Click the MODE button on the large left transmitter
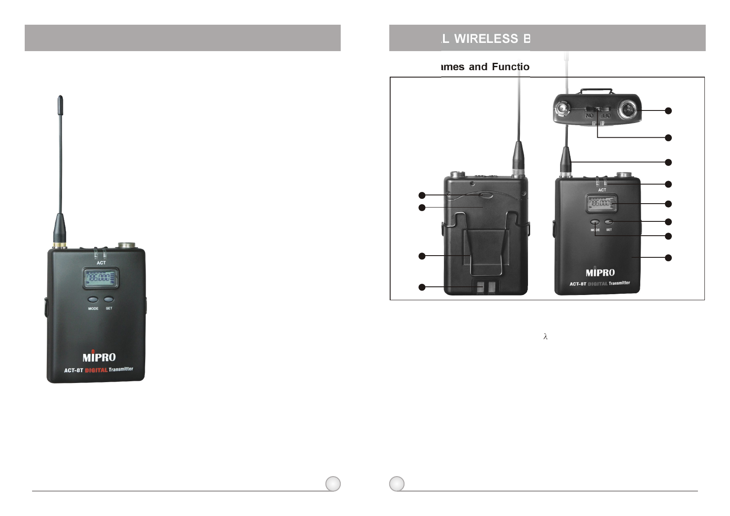93,299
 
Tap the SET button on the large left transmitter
109,299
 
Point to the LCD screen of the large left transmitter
101,278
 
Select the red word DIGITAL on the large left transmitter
96,370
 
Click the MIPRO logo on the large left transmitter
99,357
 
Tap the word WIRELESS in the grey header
486,39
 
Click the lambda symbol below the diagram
545,337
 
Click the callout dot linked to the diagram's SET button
668,222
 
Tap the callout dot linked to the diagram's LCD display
668,204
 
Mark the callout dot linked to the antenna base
668,162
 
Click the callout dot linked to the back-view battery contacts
422,287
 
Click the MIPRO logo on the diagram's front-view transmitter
600,273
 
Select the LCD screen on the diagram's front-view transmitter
599,203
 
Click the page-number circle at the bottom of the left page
333,484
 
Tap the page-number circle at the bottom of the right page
397,484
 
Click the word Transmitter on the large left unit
121,369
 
